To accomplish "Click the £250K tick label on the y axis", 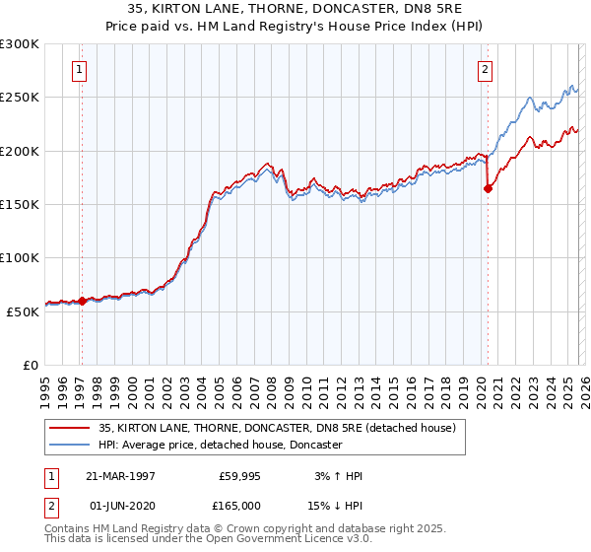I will pos(20,98).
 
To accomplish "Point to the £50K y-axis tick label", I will pos(23,310).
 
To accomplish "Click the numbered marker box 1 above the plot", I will pos(78,69).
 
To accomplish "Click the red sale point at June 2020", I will pos(488,189).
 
